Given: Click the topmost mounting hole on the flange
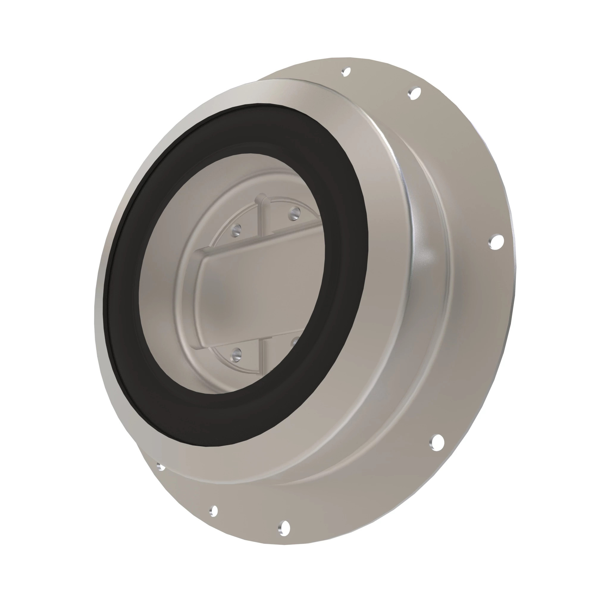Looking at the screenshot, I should click(x=347, y=72).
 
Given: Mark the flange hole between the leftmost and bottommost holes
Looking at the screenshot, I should click(x=213, y=511).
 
